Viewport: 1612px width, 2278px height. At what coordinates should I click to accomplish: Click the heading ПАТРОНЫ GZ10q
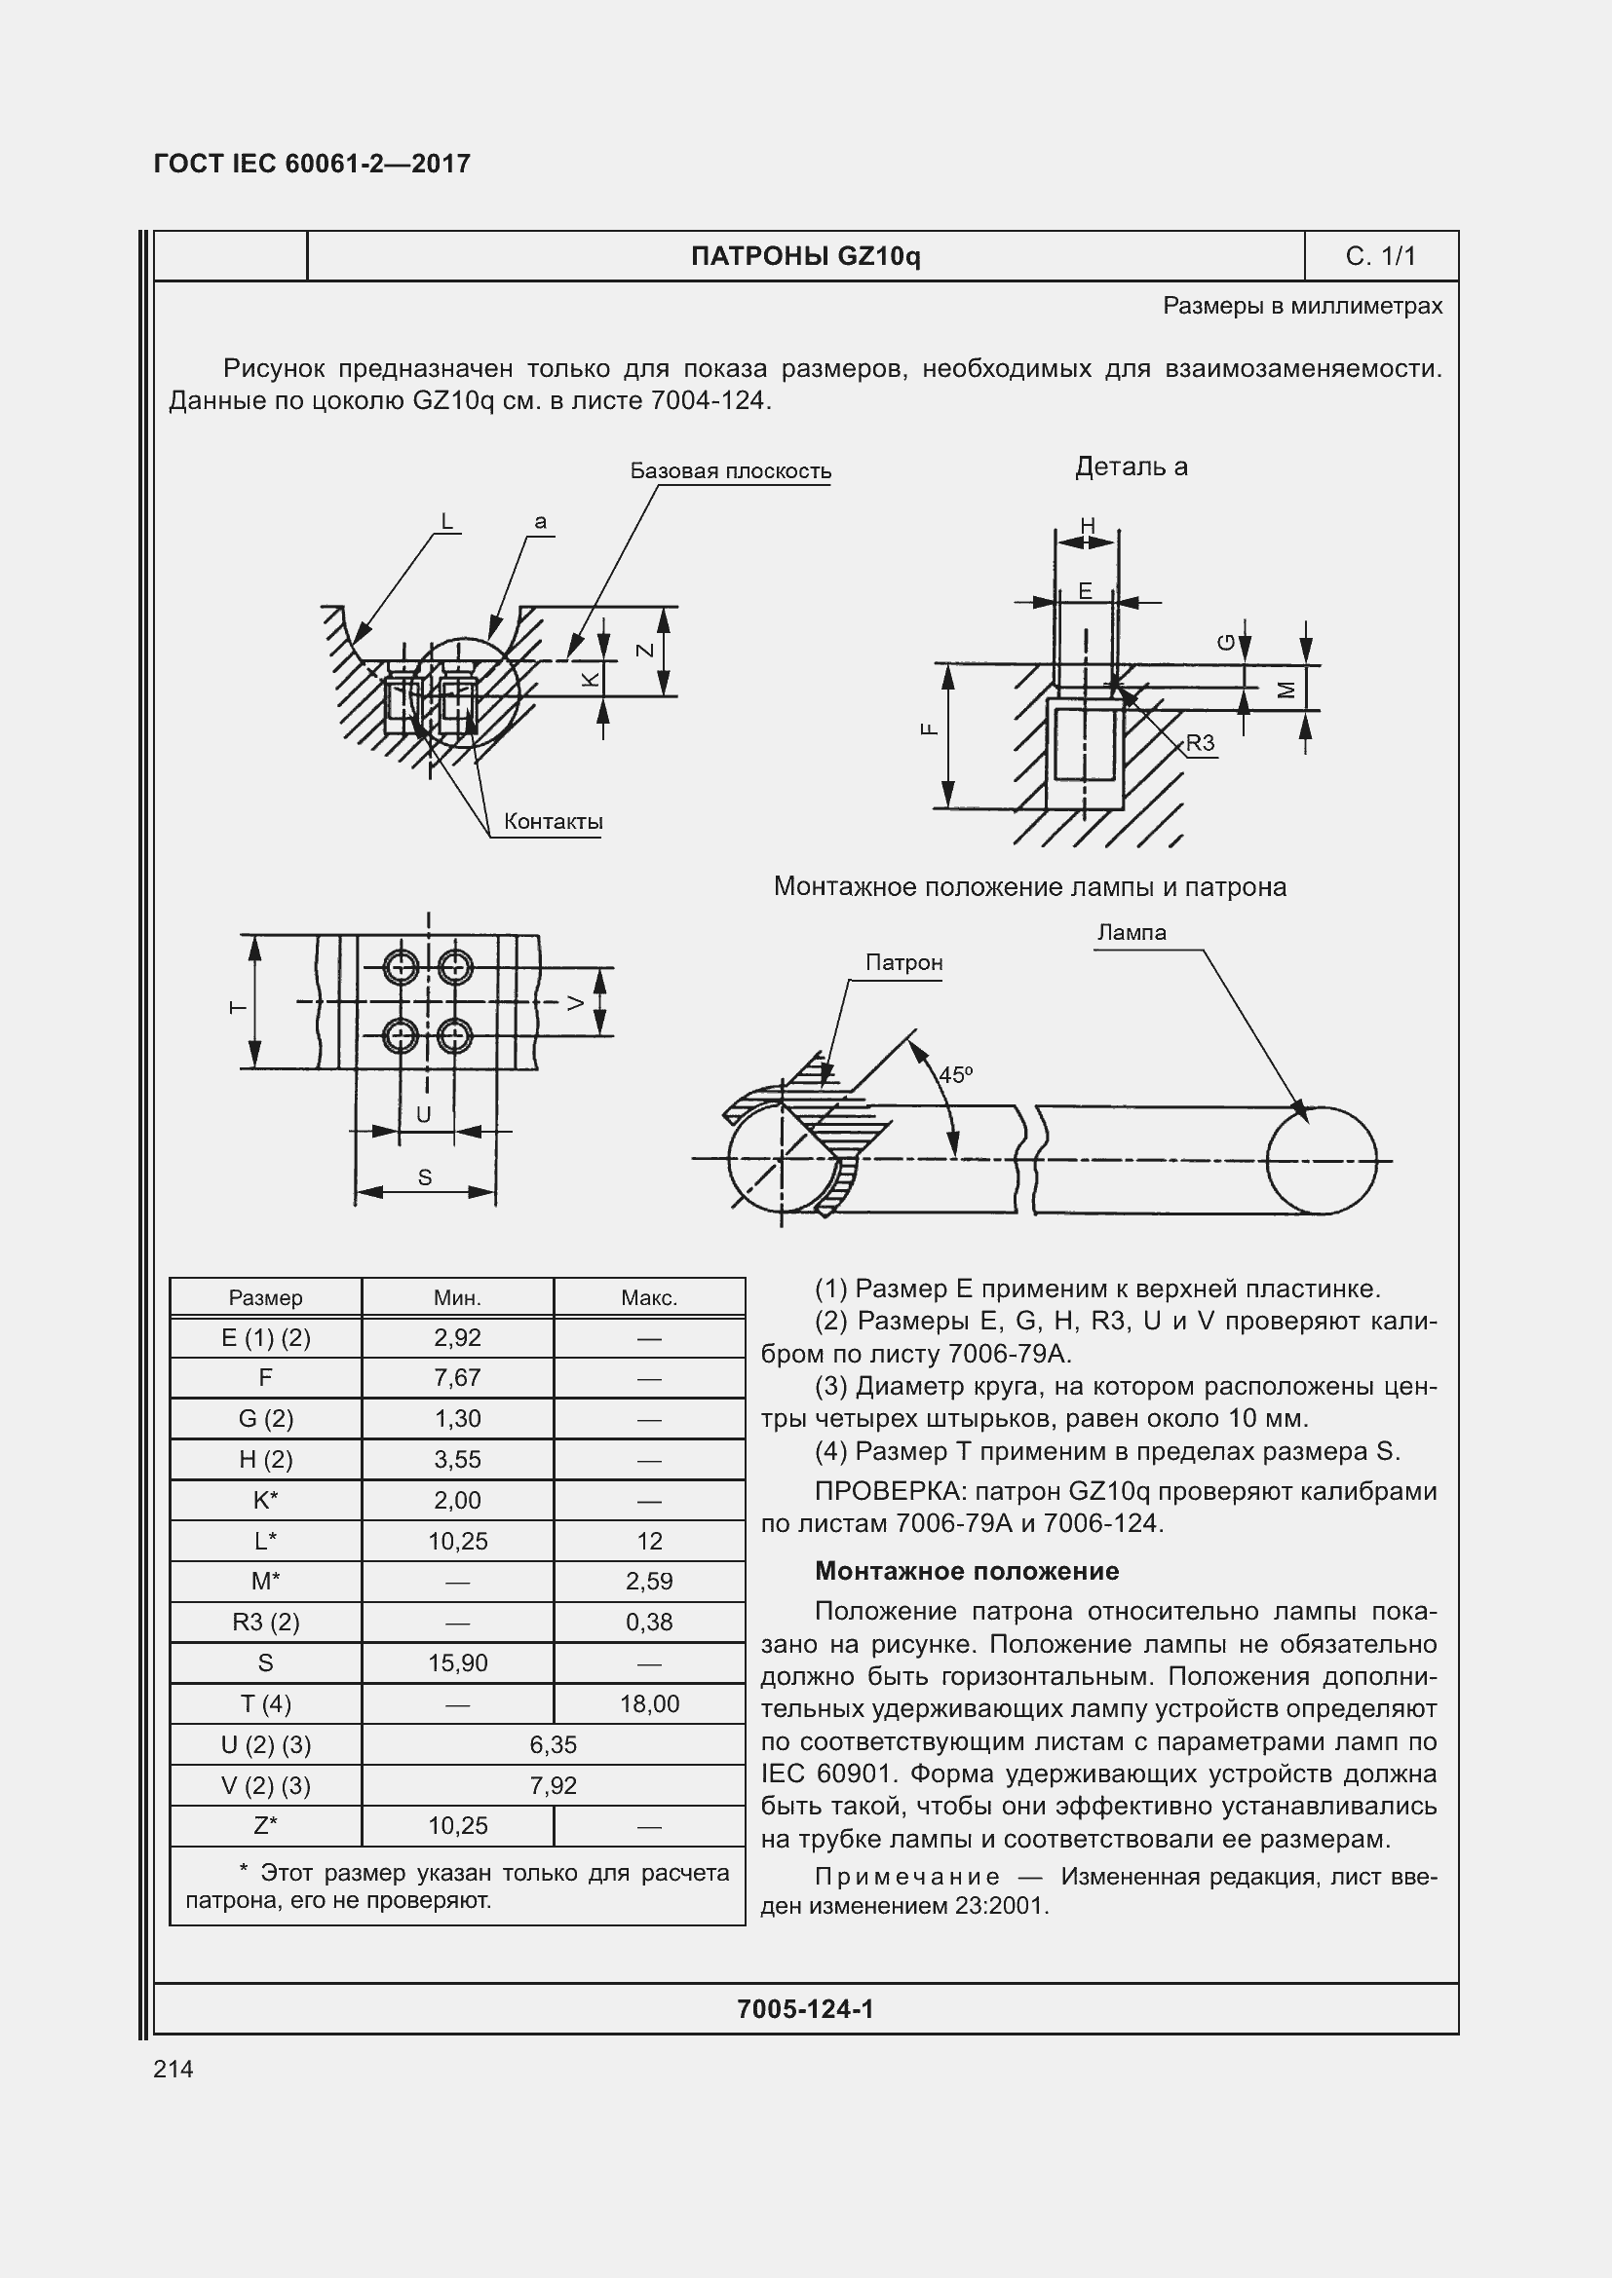[x=805, y=256]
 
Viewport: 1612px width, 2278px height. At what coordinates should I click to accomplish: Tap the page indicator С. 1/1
[x=1380, y=256]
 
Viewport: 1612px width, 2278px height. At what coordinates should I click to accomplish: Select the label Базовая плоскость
[x=731, y=471]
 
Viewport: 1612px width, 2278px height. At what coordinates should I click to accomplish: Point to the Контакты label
[x=553, y=822]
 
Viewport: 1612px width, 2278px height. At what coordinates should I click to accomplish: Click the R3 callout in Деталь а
[x=1200, y=743]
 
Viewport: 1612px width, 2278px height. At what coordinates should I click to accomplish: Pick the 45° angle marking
[x=956, y=1074]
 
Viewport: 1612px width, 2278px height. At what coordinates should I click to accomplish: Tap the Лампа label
[x=1132, y=933]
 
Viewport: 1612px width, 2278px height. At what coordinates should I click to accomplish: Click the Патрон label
[x=903, y=962]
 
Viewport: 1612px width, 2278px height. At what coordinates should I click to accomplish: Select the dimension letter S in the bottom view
[x=425, y=1177]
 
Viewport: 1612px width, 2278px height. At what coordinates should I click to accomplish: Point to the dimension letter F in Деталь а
[x=929, y=729]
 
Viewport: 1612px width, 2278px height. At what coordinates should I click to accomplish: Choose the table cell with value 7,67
[x=458, y=1377]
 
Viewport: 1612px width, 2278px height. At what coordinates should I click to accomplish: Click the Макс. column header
[x=649, y=1297]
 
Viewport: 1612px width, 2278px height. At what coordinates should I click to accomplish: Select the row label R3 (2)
[x=266, y=1622]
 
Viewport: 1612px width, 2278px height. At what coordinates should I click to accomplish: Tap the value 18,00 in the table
[x=649, y=1703]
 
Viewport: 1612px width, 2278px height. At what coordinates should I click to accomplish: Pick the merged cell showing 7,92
[x=553, y=1785]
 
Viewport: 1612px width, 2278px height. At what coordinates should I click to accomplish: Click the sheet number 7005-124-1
[x=805, y=2009]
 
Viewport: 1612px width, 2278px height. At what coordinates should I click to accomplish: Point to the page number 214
[x=173, y=2069]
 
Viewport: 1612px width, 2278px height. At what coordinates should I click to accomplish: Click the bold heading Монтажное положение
[x=967, y=1571]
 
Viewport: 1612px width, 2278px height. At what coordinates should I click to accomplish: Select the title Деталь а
[x=1132, y=467]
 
